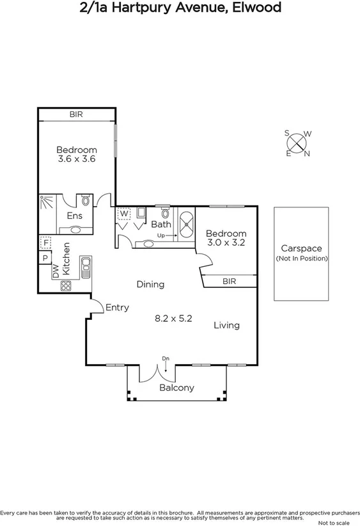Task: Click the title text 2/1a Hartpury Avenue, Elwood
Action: click(180, 8)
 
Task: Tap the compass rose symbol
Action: click(297, 143)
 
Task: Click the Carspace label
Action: click(301, 248)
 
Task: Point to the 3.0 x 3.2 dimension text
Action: click(226, 243)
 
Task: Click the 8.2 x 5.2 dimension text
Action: click(174, 317)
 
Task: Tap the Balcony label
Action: click(176, 388)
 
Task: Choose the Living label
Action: click(226, 325)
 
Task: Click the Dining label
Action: click(150, 284)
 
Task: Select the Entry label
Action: click(117, 307)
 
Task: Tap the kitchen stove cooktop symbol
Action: click(66, 286)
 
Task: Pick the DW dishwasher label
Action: click(55, 271)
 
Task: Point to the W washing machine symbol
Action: click(124, 214)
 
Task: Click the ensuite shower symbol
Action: click(47, 203)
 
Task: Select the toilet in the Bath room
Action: click(165, 212)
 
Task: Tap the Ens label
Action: click(75, 216)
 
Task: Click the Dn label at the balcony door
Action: click(166, 358)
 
